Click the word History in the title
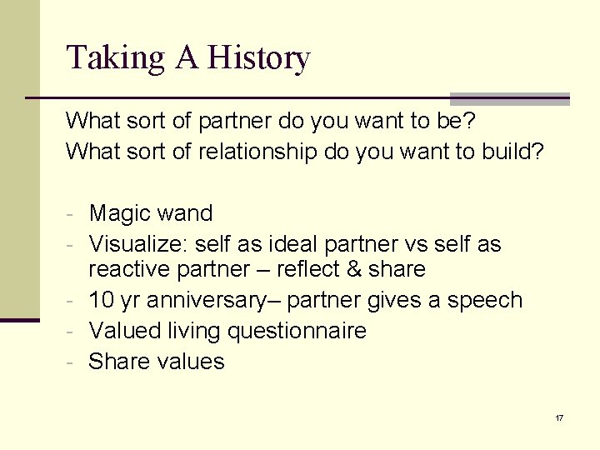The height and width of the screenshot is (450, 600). (258, 58)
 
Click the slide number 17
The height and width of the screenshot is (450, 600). (559, 417)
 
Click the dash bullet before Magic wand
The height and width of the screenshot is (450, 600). (72, 214)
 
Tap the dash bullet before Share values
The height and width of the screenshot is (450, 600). (72, 362)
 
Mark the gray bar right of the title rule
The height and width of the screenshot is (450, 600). (509, 98)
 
